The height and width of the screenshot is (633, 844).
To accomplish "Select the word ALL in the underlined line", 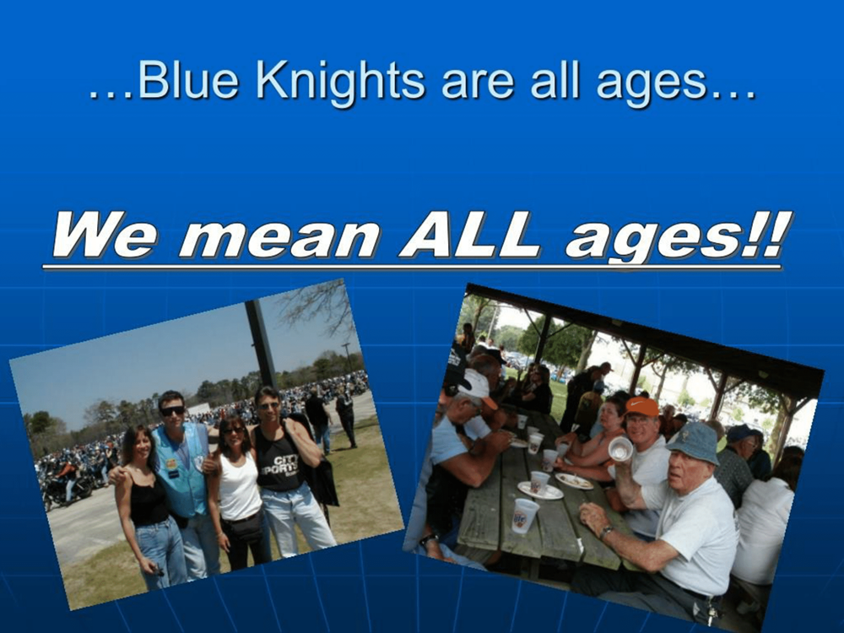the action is [469, 235].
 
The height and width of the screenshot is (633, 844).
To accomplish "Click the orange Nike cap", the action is [641, 407].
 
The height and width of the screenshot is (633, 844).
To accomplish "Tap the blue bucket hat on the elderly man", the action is [695, 442].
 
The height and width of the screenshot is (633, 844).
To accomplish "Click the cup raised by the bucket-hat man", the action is [620, 448].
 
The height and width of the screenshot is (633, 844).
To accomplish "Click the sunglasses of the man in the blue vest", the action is [173, 411].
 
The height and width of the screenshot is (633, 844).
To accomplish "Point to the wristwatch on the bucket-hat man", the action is [605, 533].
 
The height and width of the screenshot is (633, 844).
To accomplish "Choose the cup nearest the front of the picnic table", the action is [524, 516].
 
